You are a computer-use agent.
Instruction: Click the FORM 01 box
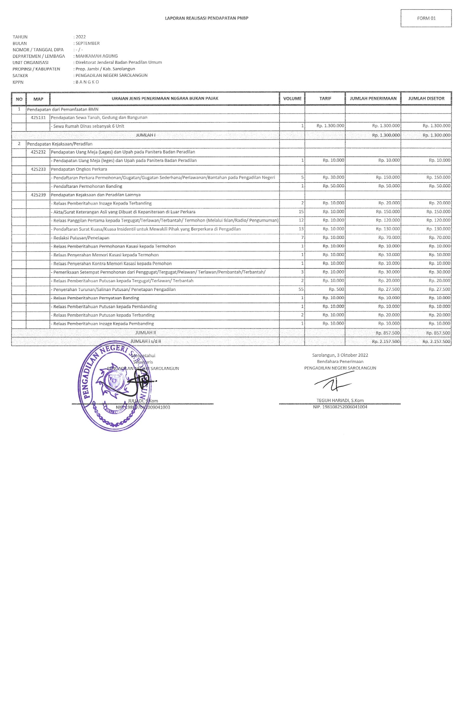click(426, 18)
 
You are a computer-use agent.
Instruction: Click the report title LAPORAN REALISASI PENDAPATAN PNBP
click(206, 18)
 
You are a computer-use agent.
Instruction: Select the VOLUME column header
click(292, 98)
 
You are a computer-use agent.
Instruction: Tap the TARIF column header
click(325, 98)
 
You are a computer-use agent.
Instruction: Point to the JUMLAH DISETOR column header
click(426, 98)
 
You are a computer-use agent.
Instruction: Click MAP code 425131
click(38, 117)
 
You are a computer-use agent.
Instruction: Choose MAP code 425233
click(38, 169)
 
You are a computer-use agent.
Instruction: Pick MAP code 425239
click(38, 195)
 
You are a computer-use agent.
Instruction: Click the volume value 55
click(301, 289)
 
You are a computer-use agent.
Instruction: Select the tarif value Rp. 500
click(336, 289)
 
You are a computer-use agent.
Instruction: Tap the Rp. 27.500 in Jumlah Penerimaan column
click(389, 289)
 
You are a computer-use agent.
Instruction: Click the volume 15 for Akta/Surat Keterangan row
click(301, 212)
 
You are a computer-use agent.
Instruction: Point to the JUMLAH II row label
click(146, 332)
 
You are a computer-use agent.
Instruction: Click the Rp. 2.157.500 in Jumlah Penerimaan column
click(386, 341)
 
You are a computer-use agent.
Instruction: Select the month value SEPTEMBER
click(88, 43)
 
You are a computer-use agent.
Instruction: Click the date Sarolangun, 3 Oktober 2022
click(340, 355)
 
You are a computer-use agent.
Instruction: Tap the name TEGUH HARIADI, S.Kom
click(340, 400)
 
